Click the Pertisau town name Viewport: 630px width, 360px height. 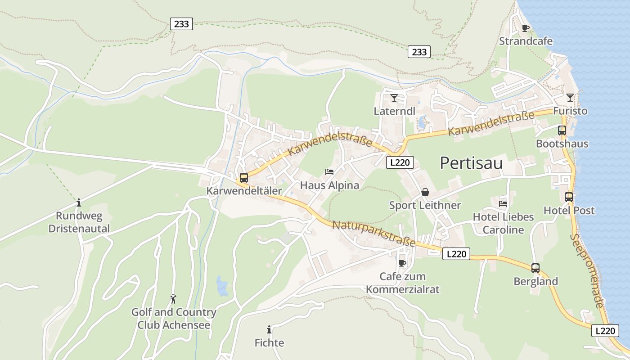click(x=471, y=163)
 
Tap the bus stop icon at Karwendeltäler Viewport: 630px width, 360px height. click(x=243, y=177)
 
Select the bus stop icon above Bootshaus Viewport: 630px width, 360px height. click(x=562, y=130)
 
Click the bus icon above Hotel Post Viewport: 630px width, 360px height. click(x=569, y=197)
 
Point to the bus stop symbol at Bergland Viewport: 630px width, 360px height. click(x=535, y=268)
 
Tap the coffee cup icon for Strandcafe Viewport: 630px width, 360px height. click(x=525, y=28)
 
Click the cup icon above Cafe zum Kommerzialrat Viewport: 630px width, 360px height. click(x=402, y=263)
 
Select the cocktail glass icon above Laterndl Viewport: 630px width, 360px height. click(x=394, y=98)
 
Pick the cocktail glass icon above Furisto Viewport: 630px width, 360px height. click(x=570, y=97)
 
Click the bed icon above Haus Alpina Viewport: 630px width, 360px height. click(x=329, y=172)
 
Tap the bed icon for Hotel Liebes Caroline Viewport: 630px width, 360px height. click(x=503, y=203)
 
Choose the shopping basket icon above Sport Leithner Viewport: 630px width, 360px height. click(x=425, y=192)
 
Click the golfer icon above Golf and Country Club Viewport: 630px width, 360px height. click(x=173, y=298)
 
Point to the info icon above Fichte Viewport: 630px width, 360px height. click(x=269, y=330)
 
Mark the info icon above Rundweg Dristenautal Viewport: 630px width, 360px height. click(x=79, y=202)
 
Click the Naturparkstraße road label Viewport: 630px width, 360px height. click(x=373, y=234)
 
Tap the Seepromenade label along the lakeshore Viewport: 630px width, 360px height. click(x=587, y=270)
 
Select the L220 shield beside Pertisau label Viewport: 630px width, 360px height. click(x=400, y=162)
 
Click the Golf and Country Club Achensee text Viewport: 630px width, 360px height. click(x=174, y=318)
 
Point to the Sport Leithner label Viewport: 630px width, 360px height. click(x=425, y=206)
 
